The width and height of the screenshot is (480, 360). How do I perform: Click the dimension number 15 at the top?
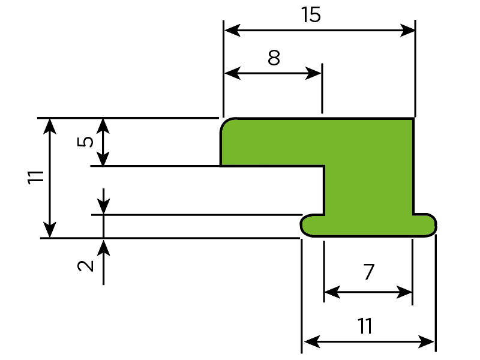pyautogui.click(x=311, y=15)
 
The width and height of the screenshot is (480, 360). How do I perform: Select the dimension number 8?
pyautogui.click(x=274, y=58)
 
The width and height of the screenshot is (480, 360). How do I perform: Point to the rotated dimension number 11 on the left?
pyautogui.click(x=35, y=178)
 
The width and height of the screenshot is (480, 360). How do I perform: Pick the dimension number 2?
pyautogui.click(x=88, y=265)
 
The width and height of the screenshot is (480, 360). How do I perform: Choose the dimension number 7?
pyautogui.click(x=369, y=273)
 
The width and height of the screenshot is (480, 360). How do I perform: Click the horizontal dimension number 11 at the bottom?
pyautogui.click(x=365, y=326)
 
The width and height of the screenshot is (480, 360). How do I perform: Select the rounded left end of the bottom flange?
pyautogui.click(x=304, y=226)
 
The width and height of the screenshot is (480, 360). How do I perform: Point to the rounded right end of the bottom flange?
pyautogui.click(x=433, y=225)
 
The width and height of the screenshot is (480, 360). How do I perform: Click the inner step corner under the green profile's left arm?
pyautogui.click(x=324, y=166)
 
